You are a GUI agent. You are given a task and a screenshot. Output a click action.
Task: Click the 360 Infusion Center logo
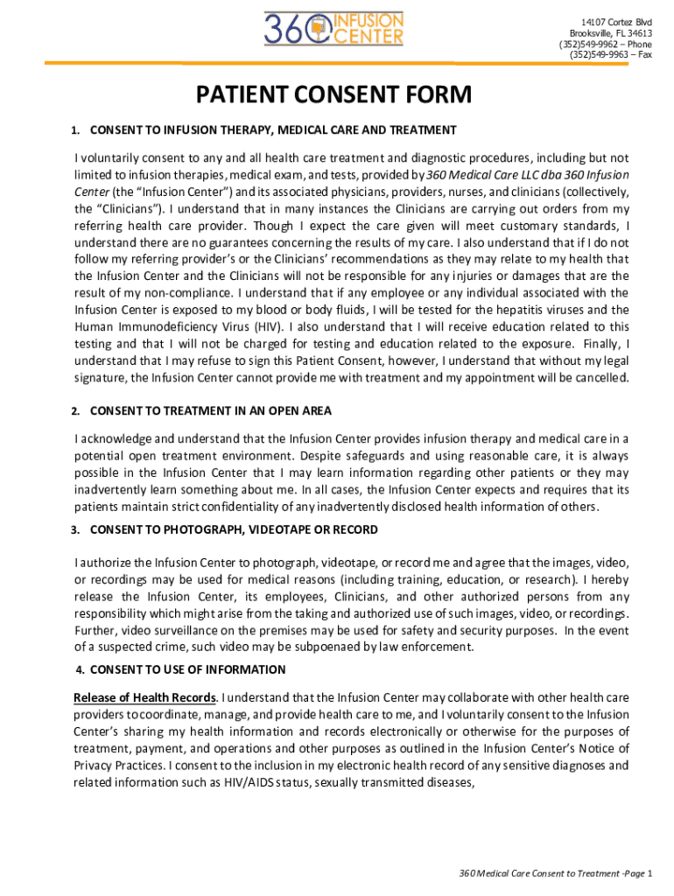(x=334, y=29)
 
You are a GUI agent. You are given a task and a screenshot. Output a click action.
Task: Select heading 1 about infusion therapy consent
(x=272, y=130)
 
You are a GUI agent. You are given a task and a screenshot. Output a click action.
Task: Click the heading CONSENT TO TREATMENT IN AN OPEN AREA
(x=210, y=410)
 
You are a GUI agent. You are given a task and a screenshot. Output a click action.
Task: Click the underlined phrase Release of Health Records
(x=145, y=697)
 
